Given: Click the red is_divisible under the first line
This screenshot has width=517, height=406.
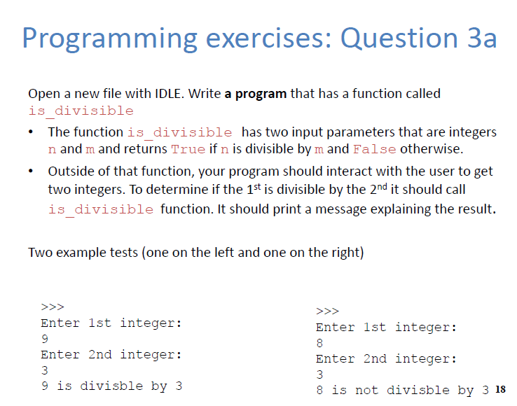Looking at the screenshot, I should (x=81, y=111).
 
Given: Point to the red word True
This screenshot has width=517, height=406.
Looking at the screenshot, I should (x=187, y=149).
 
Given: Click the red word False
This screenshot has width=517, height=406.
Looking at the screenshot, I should (x=375, y=149).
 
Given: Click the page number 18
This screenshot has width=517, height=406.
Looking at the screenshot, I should (x=499, y=390).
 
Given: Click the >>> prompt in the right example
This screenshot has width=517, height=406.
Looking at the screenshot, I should (x=327, y=311).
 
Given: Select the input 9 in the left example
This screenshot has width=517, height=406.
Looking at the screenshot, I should (x=45, y=339).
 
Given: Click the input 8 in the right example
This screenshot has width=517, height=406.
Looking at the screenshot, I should (x=320, y=343).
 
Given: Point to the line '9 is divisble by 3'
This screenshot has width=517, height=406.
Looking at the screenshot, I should (x=111, y=386).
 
